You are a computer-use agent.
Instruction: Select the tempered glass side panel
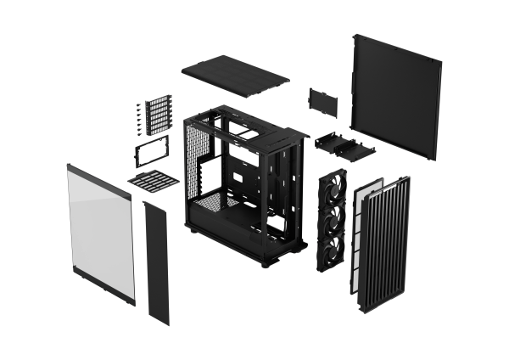click(100, 234)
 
